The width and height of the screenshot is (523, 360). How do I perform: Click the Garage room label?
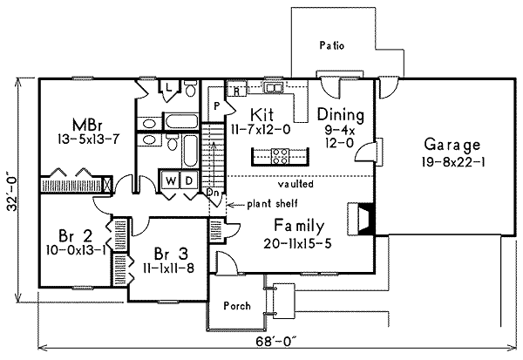click(452, 144)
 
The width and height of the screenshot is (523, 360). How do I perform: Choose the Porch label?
click(237, 306)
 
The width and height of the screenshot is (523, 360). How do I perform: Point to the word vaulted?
click(296, 185)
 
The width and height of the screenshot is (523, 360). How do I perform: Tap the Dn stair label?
click(213, 192)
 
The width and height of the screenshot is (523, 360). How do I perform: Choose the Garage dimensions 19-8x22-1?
click(452, 161)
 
